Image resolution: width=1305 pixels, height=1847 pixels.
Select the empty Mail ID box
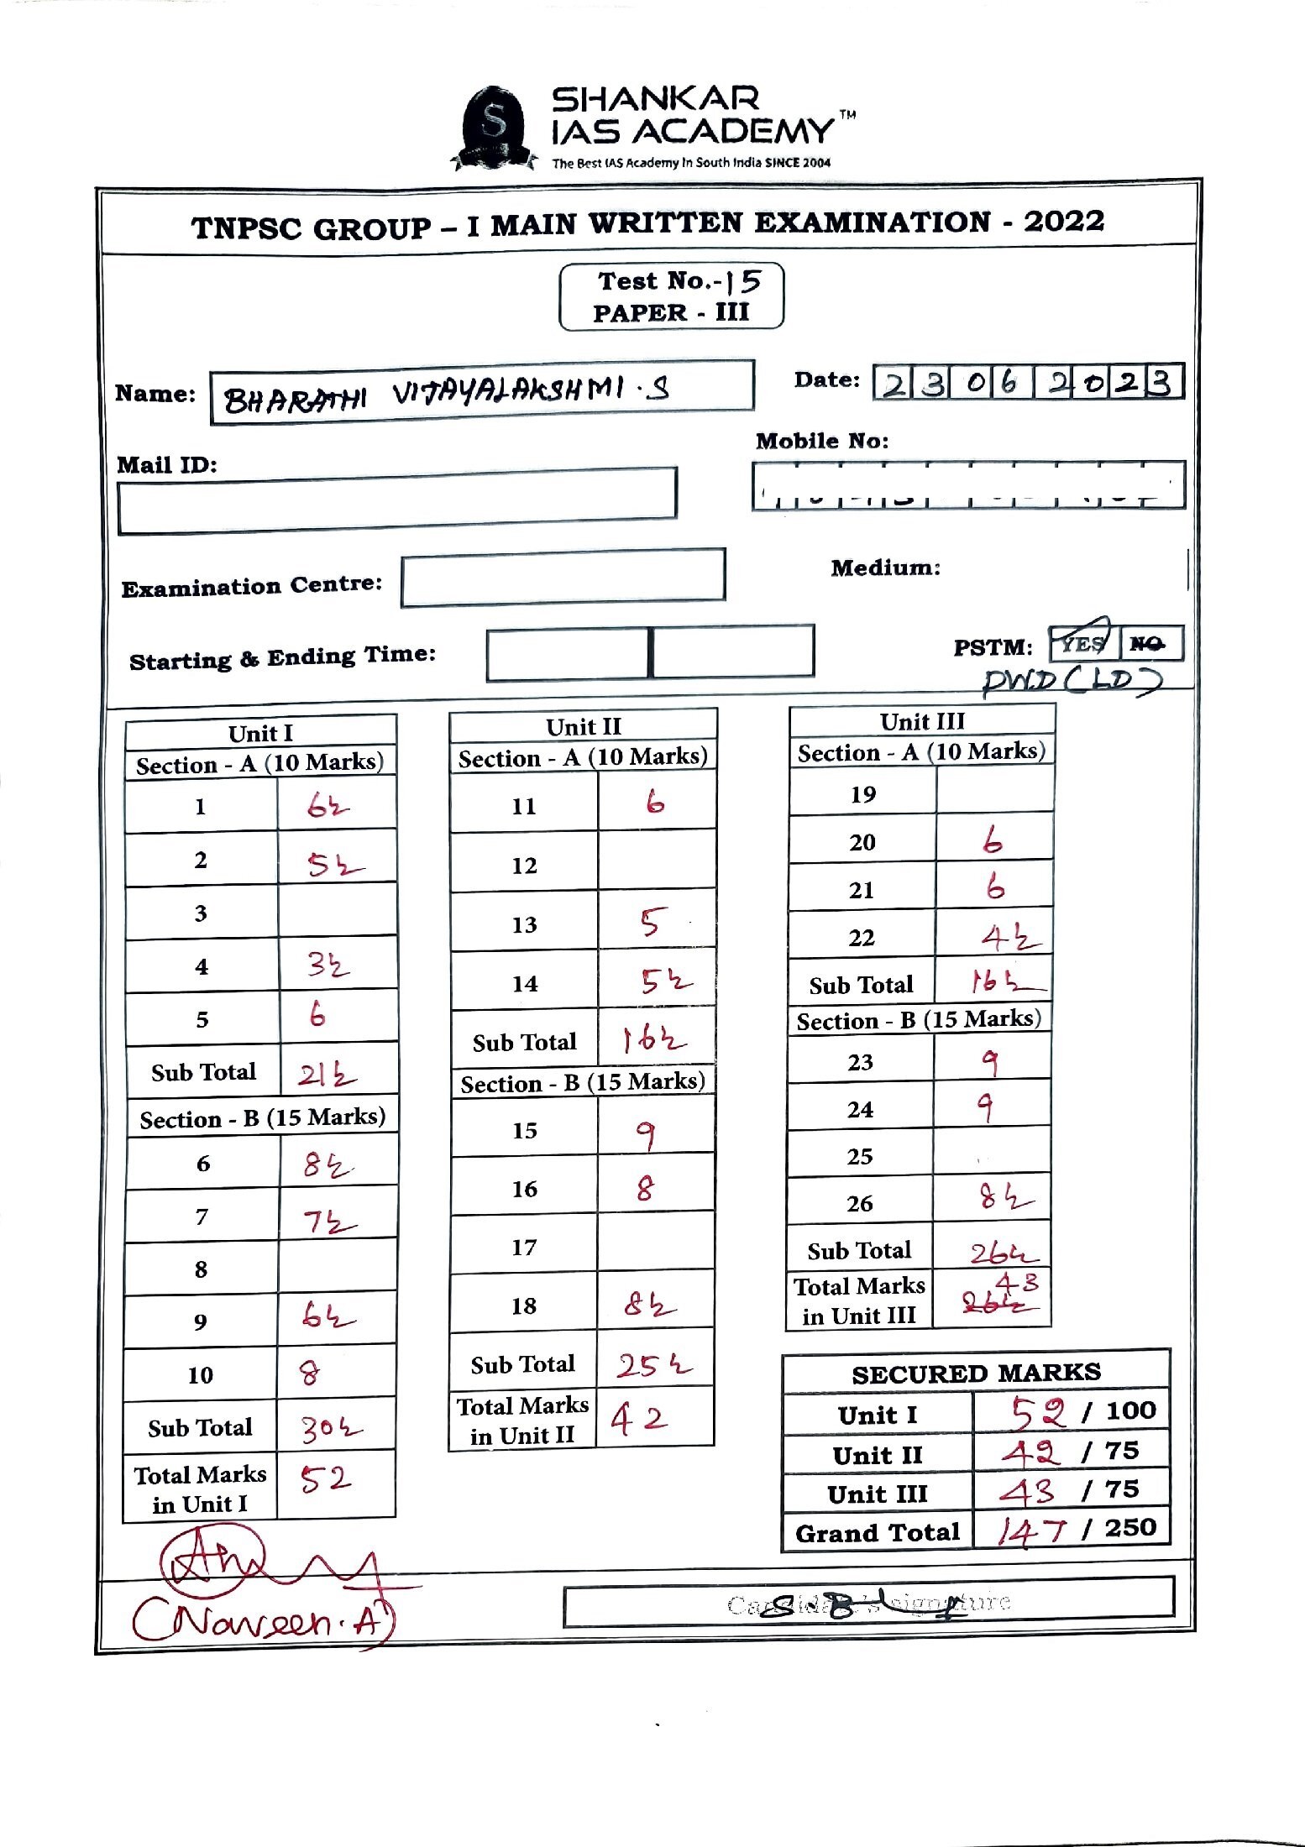396,501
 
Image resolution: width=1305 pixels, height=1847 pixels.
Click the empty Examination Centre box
563,577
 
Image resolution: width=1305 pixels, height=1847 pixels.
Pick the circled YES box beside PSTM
1082,643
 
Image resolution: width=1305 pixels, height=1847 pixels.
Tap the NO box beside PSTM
1150,643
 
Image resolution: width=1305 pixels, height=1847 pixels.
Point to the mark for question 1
327,807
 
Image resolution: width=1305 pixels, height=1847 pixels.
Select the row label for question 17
524,1248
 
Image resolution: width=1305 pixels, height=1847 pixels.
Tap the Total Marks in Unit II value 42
639,1418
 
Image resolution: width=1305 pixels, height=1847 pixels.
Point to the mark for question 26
1004,1198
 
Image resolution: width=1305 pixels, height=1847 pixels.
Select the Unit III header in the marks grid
922,721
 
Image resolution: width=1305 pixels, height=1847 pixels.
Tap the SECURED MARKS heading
976,1373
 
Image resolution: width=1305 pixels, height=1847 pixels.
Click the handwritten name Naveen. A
260,1619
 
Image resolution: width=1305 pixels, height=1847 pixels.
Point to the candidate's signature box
867,1603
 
